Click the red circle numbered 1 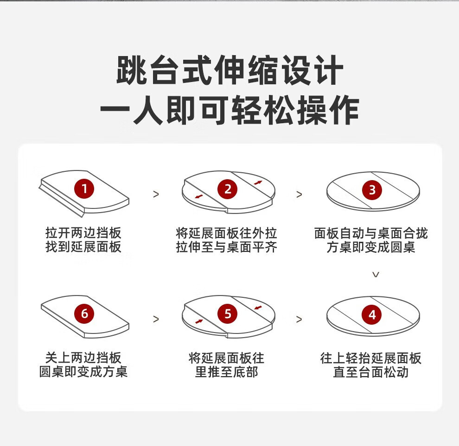pos(84,188)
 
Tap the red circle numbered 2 pos(228,189)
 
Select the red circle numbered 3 pos(372,190)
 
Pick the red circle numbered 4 pos(372,315)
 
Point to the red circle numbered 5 pos(228,314)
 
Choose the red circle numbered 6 pos(84,314)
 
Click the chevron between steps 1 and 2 pos(156,194)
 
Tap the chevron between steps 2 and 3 pos(299,195)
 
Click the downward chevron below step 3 pos(376,274)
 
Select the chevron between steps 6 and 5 pos(156,319)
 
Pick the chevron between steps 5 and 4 pos(299,320)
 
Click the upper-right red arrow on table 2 pos(258,182)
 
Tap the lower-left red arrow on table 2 pos(199,196)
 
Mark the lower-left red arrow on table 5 pos(199,321)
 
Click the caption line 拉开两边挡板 pos(83,233)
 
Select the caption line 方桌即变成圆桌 pos(371,247)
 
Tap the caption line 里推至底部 pos(227,372)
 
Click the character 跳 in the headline pos(132,70)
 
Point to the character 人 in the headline pos(148,110)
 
